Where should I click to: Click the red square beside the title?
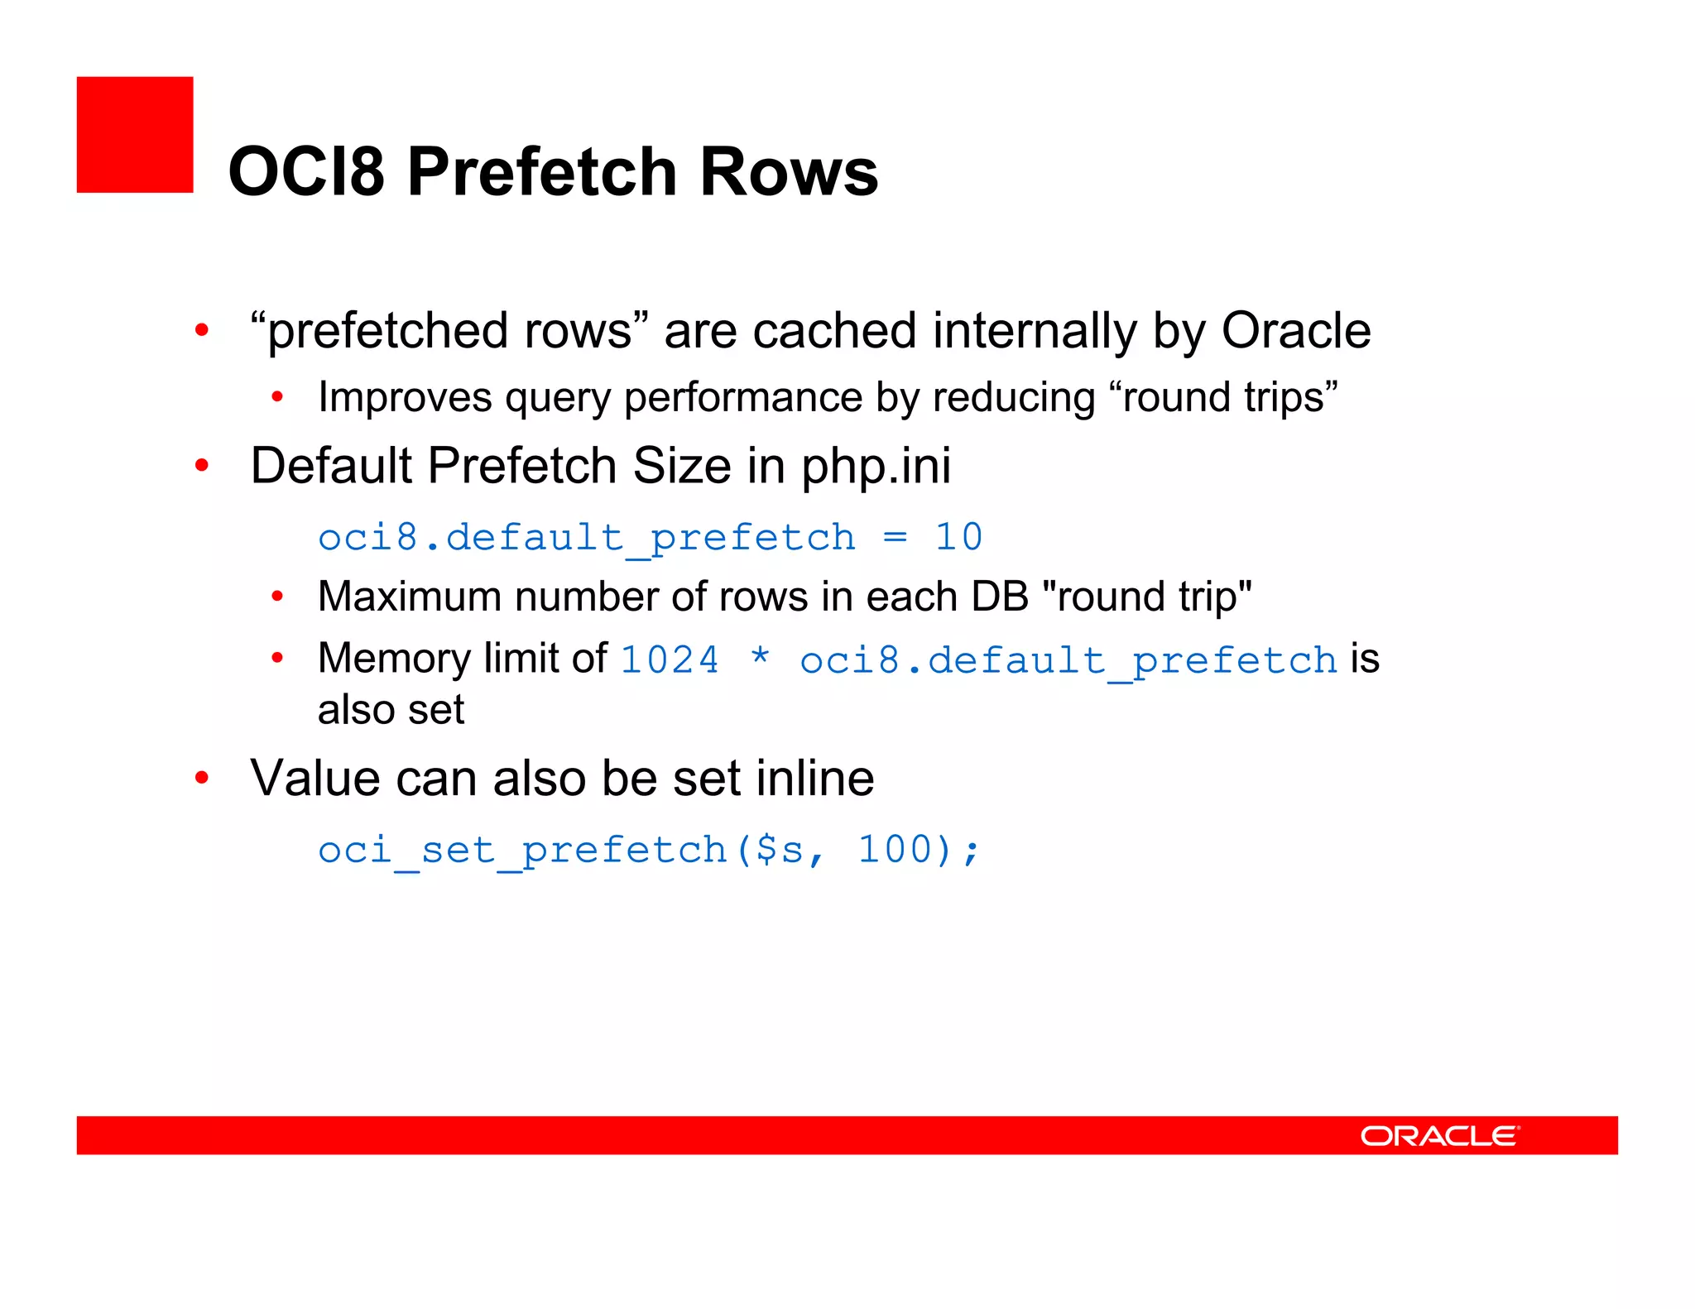coord(135,135)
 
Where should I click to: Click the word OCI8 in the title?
coord(306,172)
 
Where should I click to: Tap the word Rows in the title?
coord(789,172)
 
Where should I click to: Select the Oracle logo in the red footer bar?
coord(1439,1135)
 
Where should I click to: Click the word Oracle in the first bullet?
coord(1296,331)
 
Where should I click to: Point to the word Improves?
coord(406,397)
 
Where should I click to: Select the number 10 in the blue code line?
coord(958,537)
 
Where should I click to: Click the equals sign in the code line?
coord(895,538)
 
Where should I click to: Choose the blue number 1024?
coord(670,660)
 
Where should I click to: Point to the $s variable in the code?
coord(780,851)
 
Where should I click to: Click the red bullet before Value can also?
coord(202,778)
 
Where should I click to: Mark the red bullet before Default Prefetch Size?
coord(202,465)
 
